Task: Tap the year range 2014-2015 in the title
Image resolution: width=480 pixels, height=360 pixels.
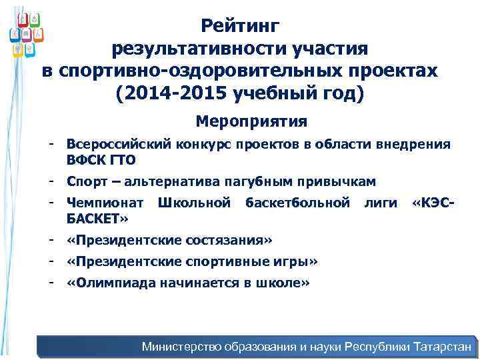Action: (x=175, y=93)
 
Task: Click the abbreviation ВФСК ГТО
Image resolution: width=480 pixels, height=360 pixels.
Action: (x=101, y=159)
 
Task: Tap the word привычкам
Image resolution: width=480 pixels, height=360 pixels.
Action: (x=341, y=181)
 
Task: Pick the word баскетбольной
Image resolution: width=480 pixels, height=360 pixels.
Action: (x=297, y=203)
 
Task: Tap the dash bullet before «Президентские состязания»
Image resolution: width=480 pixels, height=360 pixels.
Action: (x=50, y=239)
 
